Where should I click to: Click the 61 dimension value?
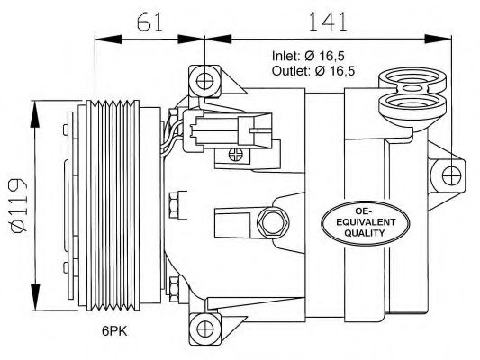point(149,22)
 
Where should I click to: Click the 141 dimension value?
point(328,22)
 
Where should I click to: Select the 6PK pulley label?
point(114,331)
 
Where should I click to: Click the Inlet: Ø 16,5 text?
point(308,56)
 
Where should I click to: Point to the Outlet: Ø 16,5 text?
point(313,71)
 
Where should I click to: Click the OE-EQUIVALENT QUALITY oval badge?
point(366,223)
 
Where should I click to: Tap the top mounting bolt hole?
point(204,82)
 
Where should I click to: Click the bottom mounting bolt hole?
point(204,328)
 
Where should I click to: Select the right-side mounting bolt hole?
point(451,175)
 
